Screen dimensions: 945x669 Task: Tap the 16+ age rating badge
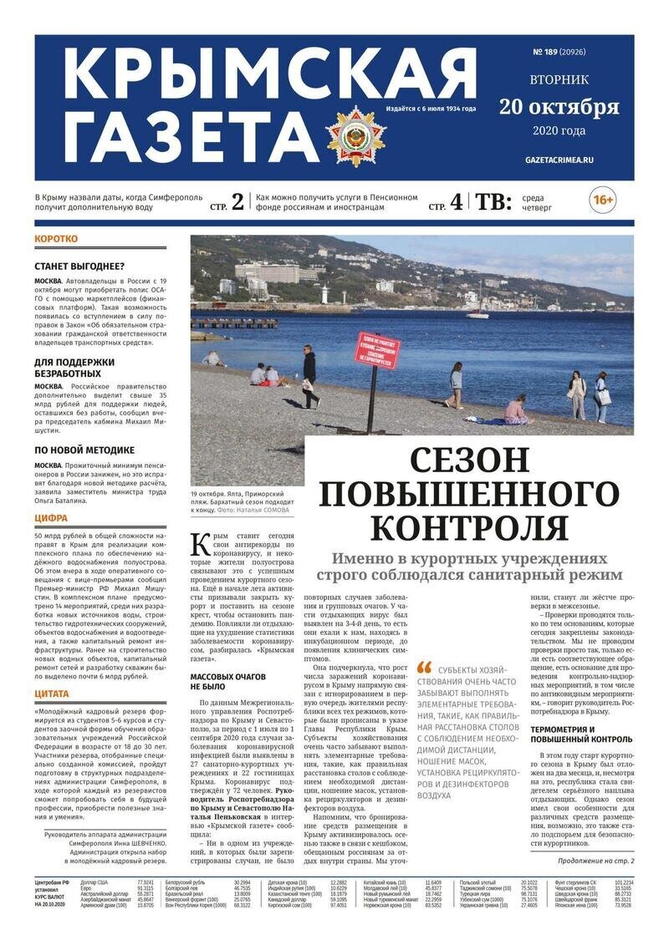coord(602,201)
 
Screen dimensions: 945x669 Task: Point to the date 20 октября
coord(559,107)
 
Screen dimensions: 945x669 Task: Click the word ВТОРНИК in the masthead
coord(559,80)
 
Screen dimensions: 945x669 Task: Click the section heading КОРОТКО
coord(56,239)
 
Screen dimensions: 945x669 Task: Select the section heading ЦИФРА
coord(51,518)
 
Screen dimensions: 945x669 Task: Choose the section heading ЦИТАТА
coord(52,694)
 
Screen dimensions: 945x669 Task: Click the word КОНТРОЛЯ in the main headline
coord(468,527)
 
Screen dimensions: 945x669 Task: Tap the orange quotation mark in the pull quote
coord(424,668)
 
